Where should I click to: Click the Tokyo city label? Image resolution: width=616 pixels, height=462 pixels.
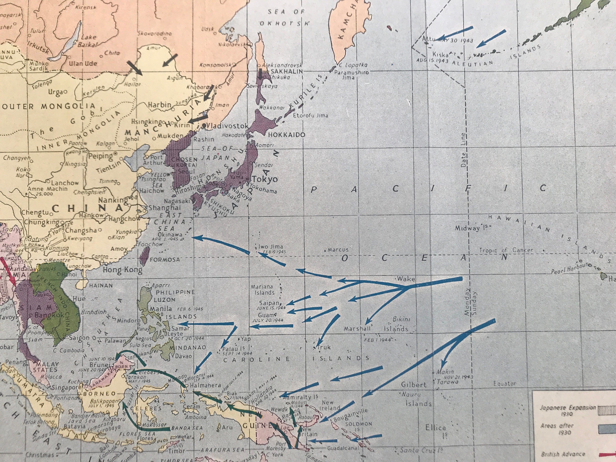pos(265,179)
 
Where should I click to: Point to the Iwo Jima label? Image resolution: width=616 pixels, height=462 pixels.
pos(271,246)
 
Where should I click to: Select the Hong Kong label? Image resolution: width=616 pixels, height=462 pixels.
pos(123,270)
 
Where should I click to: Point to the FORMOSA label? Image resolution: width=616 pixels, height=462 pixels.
pos(165,260)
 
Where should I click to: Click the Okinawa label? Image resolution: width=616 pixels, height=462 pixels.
pos(170,234)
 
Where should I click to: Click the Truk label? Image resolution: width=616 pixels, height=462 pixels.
pos(324,347)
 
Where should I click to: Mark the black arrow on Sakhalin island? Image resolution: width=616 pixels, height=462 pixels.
pos(260,74)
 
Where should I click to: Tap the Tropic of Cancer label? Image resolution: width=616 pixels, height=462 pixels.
pos(506,250)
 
